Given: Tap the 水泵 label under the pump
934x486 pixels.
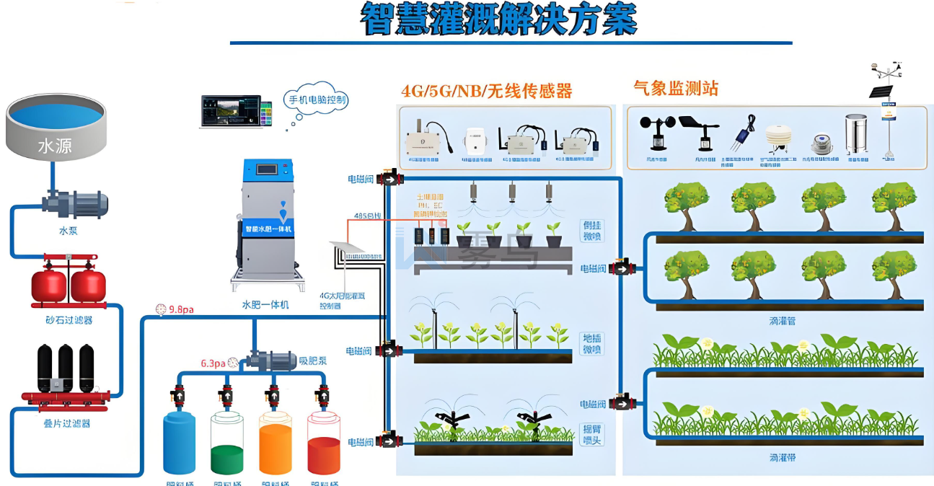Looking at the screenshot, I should click(69, 231).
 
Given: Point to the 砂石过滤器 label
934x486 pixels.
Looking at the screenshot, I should click(69, 319).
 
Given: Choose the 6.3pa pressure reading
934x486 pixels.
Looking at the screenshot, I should click(213, 363).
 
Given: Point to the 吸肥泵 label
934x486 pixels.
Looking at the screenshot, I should click(313, 359).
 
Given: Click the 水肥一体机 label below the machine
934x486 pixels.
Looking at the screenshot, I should click(265, 305).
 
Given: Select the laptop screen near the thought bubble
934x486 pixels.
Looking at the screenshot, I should click(231, 112).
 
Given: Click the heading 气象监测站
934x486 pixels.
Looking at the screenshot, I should click(676, 89).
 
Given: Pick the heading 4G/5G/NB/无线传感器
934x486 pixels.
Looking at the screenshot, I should click(487, 91).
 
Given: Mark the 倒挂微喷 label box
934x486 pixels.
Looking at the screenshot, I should click(592, 231).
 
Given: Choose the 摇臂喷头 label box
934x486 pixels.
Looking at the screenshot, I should click(592, 434).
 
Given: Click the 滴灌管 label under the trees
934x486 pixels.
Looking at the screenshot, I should click(782, 321).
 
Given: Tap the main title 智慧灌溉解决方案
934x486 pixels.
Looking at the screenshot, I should click(499, 19).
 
